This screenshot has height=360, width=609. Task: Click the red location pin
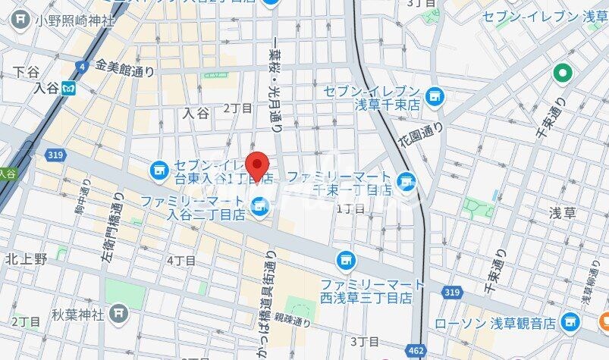click(259, 166)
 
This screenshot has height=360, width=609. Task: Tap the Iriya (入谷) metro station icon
click(71, 88)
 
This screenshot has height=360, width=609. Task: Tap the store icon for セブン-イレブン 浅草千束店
click(434, 96)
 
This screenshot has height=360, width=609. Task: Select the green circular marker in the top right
click(562, 74)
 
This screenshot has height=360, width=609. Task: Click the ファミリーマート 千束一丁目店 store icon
click(407, 181)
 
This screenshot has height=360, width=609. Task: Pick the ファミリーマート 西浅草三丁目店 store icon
click(346, 260)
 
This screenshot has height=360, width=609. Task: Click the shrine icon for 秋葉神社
click(118, 311)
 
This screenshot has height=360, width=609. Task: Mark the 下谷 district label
click(27, 74)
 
